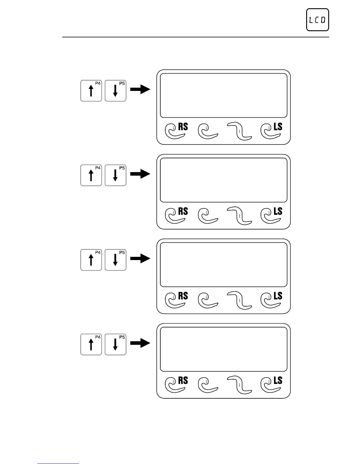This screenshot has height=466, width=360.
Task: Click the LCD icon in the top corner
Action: pyautogui.click(x=317, y=20)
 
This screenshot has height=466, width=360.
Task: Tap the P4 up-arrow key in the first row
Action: pyautogui.click(x=91, y=91)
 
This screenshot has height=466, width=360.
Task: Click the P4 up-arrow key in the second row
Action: pyautogui.click(x=91, y=175)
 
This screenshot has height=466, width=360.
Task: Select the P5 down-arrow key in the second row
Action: pyautogui.click(x=115, y=175)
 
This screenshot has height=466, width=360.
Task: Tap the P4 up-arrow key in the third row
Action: pyautogui.click(x=91, y=260)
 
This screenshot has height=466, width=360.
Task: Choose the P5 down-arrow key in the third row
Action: pyautogui.click(x=115, y=260)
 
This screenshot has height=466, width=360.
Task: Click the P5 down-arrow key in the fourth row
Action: pyautogui.click(x=115, y=344)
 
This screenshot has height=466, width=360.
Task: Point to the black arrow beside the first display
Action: pyautogui.click(x=140, y=89)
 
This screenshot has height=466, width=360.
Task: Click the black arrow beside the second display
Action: pyautogui.click(x=140, y=174)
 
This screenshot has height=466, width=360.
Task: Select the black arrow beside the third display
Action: pyautogui.click(x=140, y=259)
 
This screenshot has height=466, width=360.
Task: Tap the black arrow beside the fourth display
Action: pyautogui.click(x=140, y=343)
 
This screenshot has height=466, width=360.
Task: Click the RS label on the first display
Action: pyautogui.click(x=183, y=127)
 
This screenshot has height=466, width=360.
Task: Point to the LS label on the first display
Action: pyautogui.click(x=278, y=127)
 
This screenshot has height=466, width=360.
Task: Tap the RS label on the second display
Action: pyautogui.click(x=183, y=211)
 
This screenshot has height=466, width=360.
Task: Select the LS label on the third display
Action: pyautogui.click(x=278, y=296)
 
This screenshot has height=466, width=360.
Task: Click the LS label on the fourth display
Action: pyautogui.click(x=278, y=380)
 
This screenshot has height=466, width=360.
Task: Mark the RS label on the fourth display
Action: pyautogui.click(x=183, y=380)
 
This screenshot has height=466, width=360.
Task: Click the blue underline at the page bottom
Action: pyautogui.click(x=58, y=463)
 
